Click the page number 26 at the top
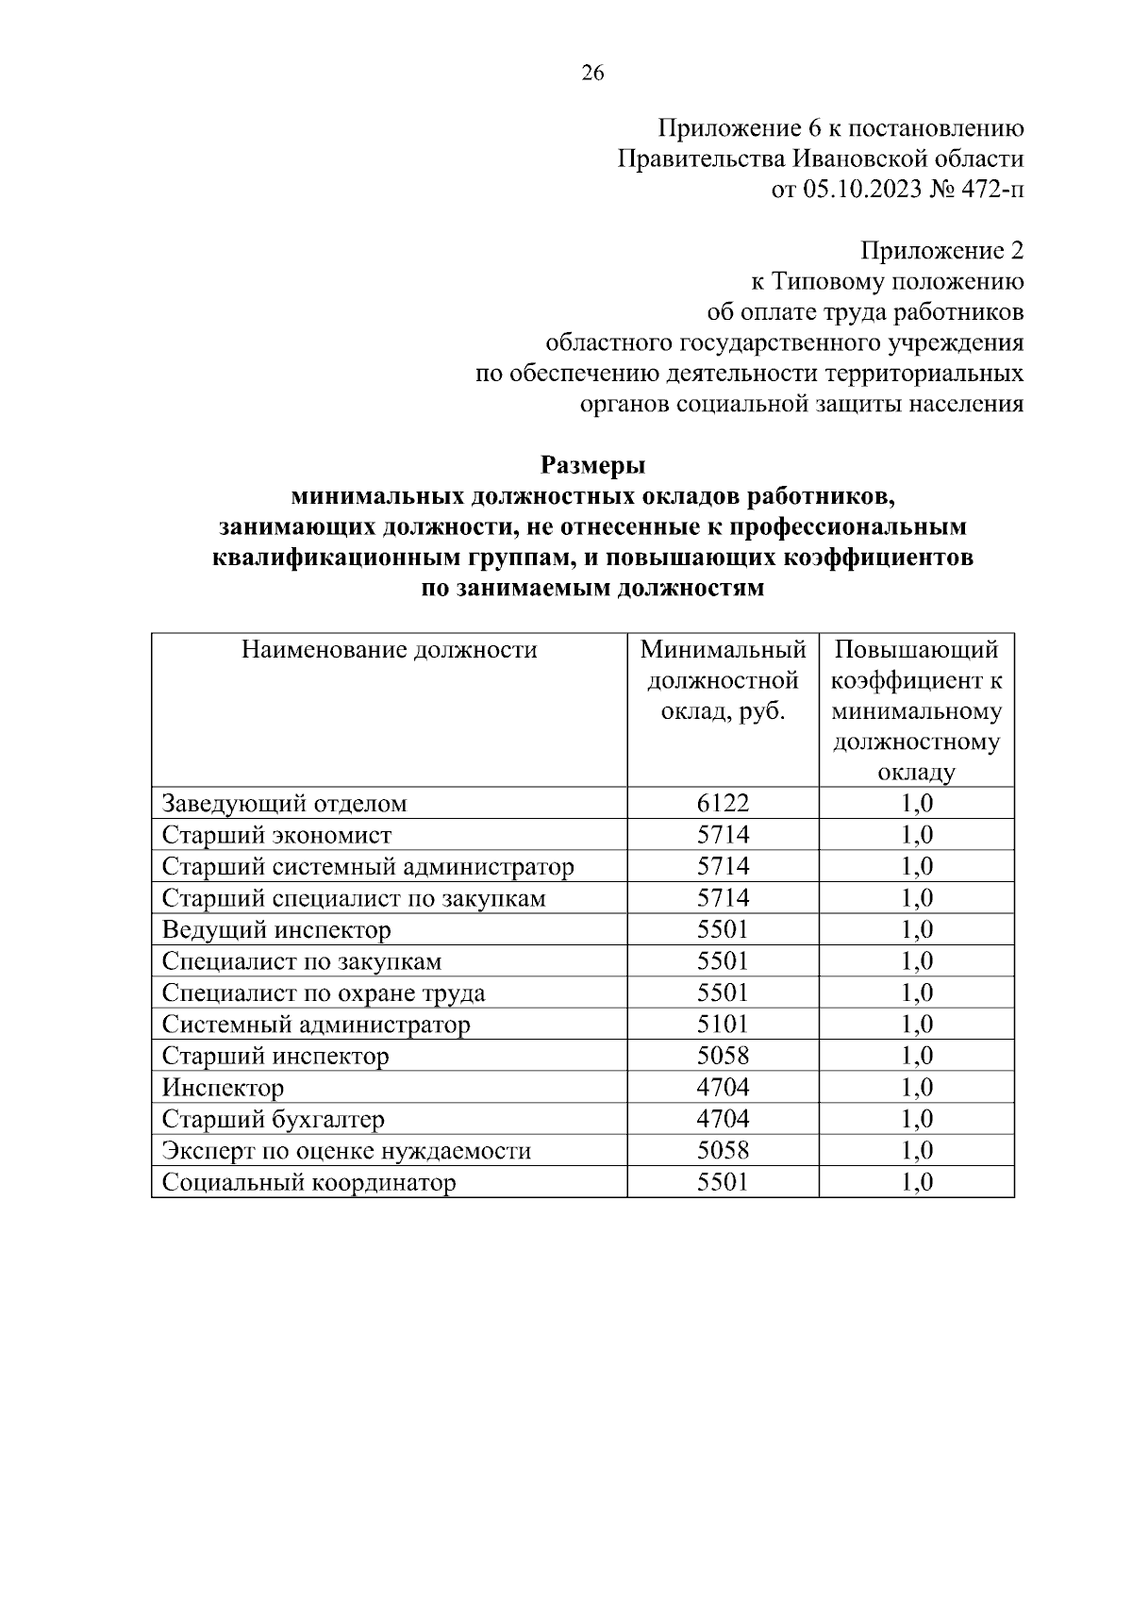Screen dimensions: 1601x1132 click(x=592, y=75)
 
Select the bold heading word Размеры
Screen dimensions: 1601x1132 click(x=592, y=465)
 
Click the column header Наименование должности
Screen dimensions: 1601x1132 click(x=390, y=650)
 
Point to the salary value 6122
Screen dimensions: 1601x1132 click(x=723, y=803)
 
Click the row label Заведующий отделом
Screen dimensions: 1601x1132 click(x=285, y=804)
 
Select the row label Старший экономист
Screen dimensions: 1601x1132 click(x=276, y=835)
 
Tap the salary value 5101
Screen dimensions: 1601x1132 click(x=723, y=1024)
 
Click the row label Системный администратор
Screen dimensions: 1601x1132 click(x=316, y=1025)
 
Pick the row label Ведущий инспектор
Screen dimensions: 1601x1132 click(x=276, y=930)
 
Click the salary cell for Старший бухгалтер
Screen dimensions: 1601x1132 click(x=723, y=1119)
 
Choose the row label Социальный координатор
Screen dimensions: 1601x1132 click(x=308, y=1182)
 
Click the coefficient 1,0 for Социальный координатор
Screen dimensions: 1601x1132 click(x=917, y=1182)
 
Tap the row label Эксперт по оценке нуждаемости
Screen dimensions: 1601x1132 click(x=346, y=1151)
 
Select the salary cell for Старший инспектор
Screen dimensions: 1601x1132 click(x=723, y=1056)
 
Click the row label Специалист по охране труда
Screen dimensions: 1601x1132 click(x=324, y=992)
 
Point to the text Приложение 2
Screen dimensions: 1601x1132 click(x=941, y=251)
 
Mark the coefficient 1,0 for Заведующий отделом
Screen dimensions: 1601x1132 click(x=917, y=803)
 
